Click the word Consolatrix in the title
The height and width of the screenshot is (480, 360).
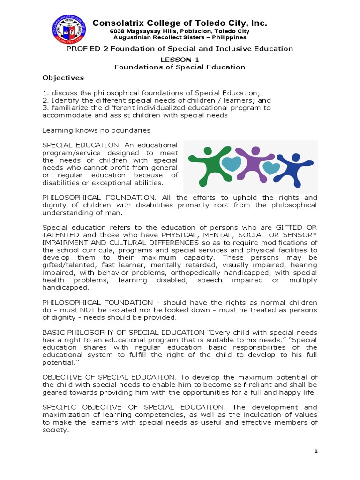117,23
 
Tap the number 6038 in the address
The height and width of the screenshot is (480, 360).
118,31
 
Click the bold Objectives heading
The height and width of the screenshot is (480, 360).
63,78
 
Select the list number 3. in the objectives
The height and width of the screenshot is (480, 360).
45,108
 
